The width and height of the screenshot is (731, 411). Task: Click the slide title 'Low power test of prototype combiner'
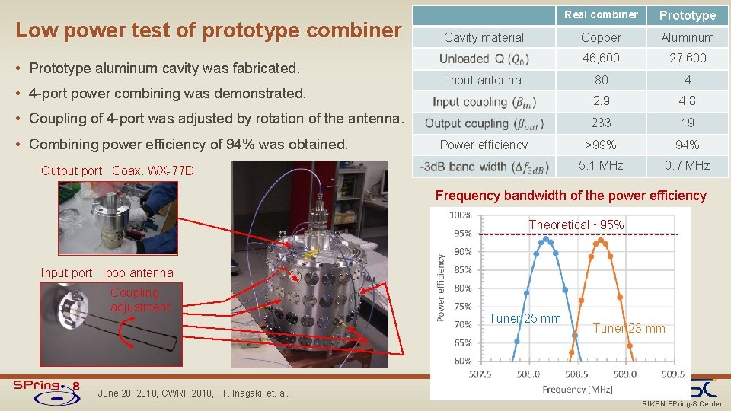click(208, 30)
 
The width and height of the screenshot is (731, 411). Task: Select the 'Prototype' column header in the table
click(687, 15)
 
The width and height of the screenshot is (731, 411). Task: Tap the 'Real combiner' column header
click(601, 14)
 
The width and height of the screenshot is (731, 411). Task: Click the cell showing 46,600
click(601, 58)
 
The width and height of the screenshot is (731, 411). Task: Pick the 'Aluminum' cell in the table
click(687, 37)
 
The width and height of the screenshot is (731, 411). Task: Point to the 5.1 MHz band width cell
click(601, 165)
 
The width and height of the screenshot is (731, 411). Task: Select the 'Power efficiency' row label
click(484, 145)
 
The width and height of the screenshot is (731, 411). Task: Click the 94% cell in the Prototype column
click(687, 145)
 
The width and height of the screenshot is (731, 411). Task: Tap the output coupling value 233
click(601, 123)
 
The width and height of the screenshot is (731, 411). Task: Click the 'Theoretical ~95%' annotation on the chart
click(576, 225)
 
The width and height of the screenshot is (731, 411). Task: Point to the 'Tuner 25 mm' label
click(525, 318)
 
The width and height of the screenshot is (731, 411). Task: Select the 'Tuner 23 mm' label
click(629, 329)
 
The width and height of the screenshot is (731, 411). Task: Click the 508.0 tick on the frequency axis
click(528, 374)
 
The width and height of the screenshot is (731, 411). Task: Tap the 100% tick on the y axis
click(461, 215)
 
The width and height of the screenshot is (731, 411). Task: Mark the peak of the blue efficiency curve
click(545, 239)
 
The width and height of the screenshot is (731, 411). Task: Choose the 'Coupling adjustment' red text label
click(139, 300)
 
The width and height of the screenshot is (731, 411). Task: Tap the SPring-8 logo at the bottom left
click(46, 386)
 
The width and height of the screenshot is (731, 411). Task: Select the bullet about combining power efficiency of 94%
click(188, 145)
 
